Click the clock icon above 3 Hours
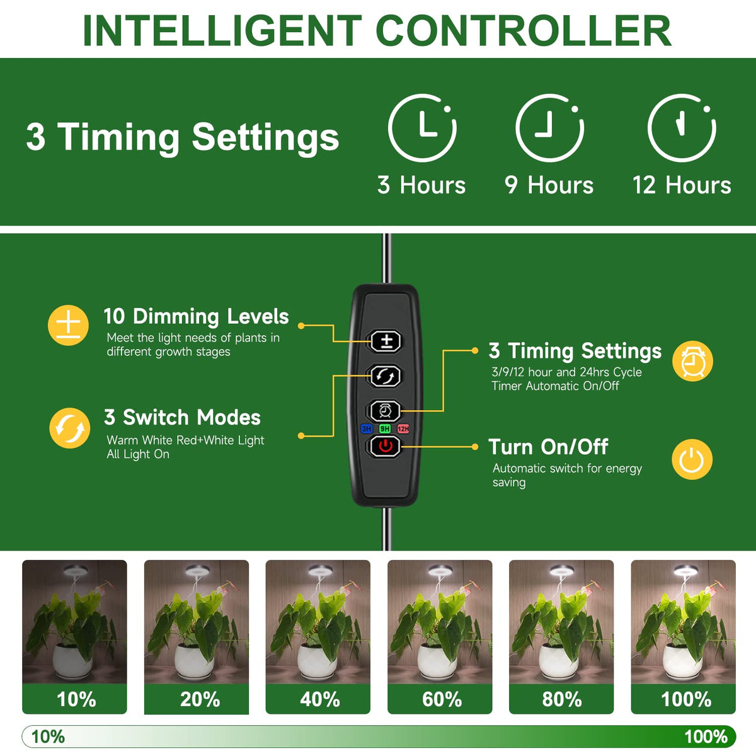tap(422, 128)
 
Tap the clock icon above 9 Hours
tap(549, 128)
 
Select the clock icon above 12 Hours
tap(682, 128)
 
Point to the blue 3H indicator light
tap(366, 429)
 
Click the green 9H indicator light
tap(385, 429)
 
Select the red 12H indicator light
tap(403, 429)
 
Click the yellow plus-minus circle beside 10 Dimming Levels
tap(68, 325)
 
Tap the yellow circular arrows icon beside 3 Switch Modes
tap(69, 428)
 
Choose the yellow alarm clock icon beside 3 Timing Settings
tap(692, 361)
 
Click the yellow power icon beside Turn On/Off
tap(692, 459)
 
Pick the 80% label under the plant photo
tap(562, 699)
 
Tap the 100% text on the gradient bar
tap(706, 736)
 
